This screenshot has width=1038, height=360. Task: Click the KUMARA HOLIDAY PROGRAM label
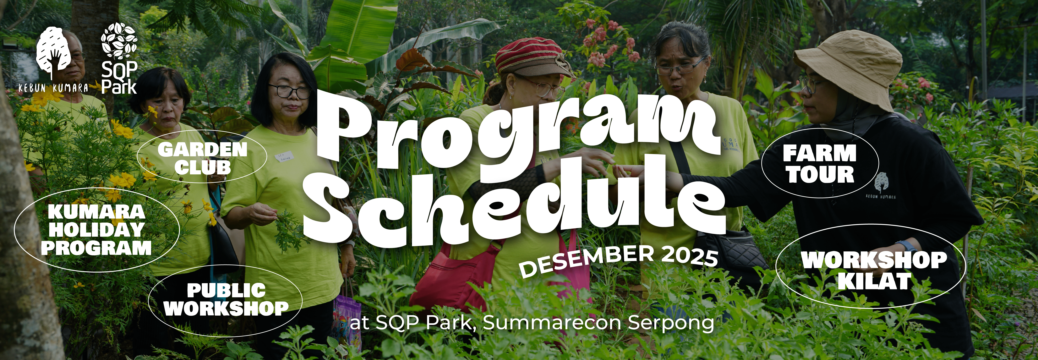click(97, 230)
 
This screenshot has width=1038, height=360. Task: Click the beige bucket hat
click(850, 65)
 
